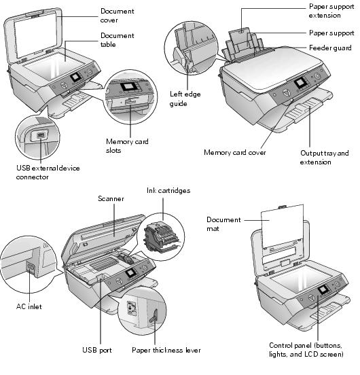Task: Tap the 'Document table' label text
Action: click(x=118, y=40)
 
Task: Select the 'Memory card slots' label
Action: click(x=127, y=146)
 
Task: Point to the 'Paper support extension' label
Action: click(x=331, y=10)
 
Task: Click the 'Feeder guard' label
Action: click(x=331, y=48)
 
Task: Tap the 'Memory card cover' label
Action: click(x=235, y=152)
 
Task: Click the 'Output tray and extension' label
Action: click(x=325, y=157)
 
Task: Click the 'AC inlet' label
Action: click(x=30, y=306)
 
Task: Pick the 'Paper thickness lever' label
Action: click(x=166, y=350)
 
